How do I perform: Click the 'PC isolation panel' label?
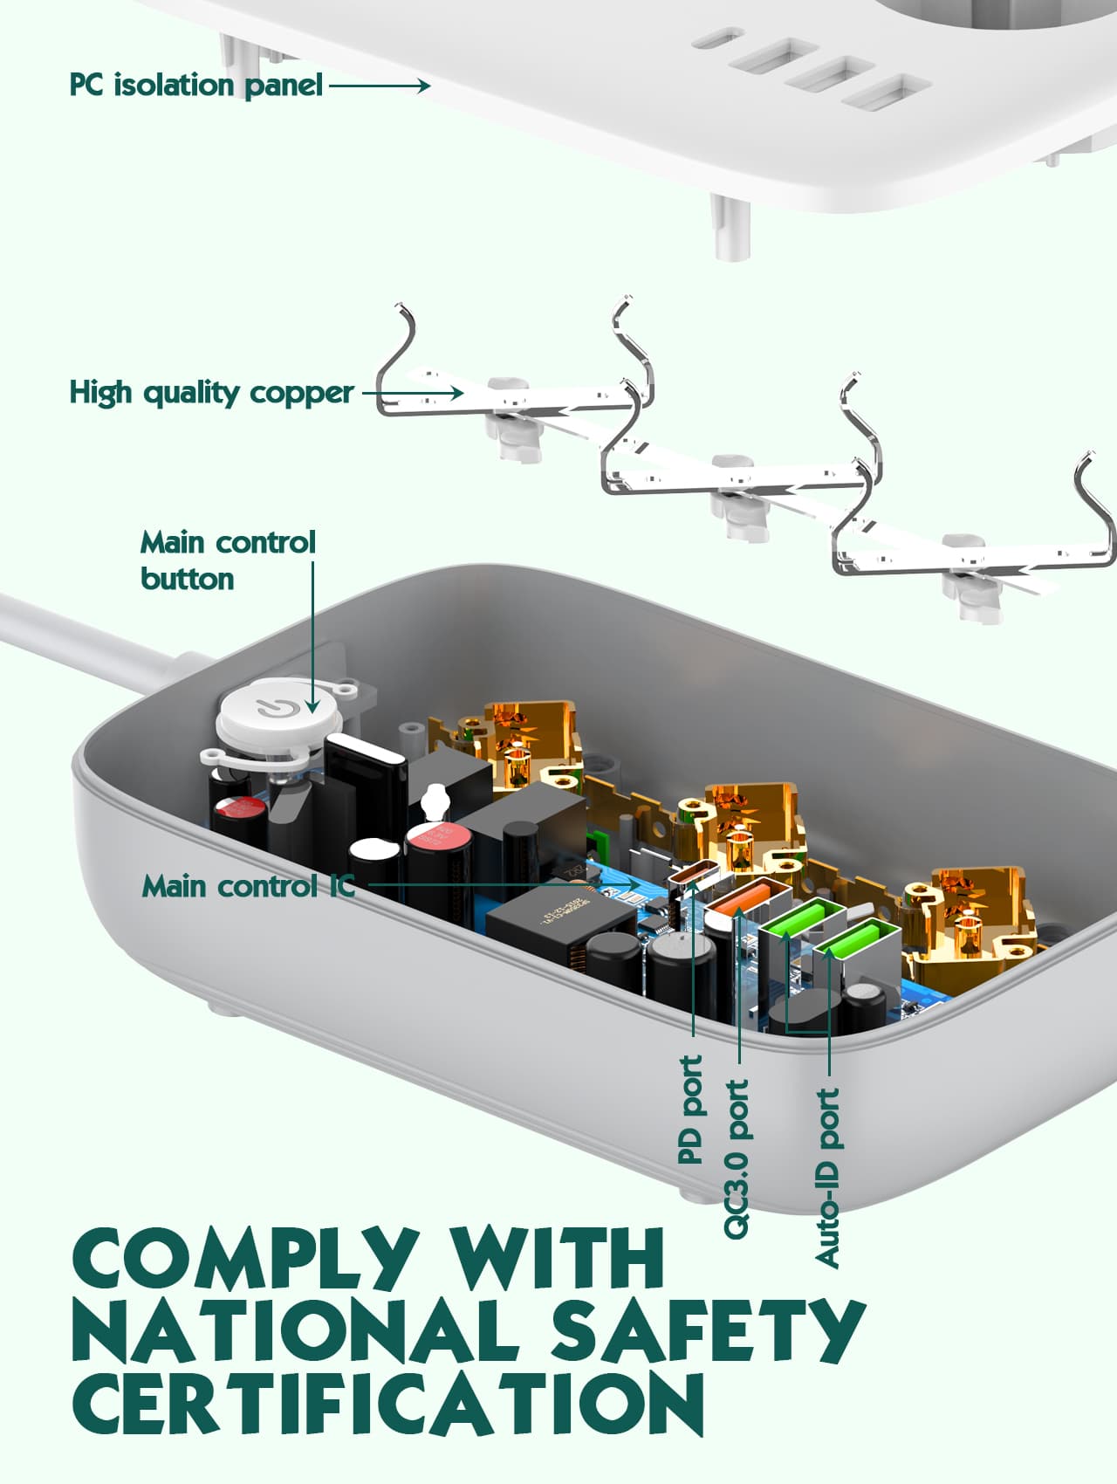195,85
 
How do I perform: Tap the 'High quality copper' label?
211,393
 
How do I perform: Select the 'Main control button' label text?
227,560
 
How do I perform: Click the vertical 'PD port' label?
690,1110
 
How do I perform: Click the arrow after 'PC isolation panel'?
380,86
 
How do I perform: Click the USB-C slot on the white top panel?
715,40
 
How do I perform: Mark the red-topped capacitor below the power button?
237,807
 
